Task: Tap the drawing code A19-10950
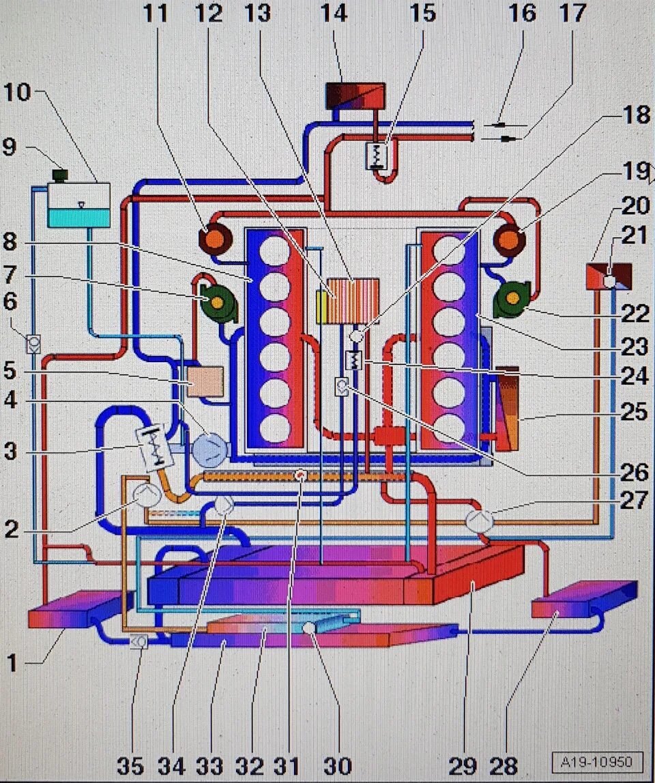click(x=596, y=761)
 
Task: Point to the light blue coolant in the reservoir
click(x=78, y=218)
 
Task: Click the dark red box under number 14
click(x=355, y=95)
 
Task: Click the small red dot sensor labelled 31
click(x=298, y=475)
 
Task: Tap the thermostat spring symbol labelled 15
click(x=377, y=155)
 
